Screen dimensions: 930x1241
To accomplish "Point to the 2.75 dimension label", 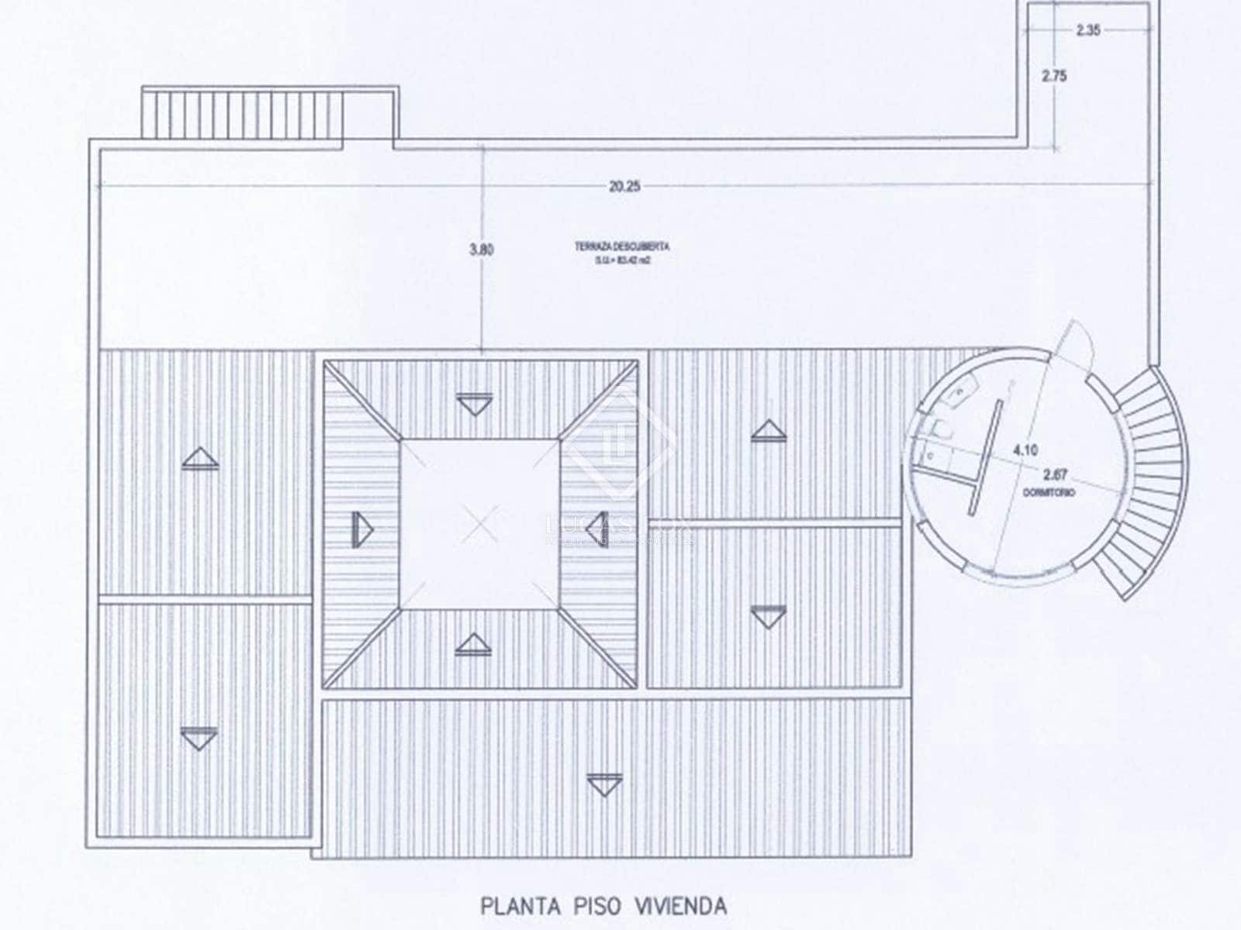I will tap(1054, 75).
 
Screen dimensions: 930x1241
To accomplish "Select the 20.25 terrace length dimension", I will tap(624, 186).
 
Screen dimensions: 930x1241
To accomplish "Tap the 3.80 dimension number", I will tap(481, 250).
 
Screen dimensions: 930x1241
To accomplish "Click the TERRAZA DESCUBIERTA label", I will tap(622, 246).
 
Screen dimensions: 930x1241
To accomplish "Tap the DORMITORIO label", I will tap(1049, 492).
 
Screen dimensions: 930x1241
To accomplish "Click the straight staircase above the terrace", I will tap(242, 115).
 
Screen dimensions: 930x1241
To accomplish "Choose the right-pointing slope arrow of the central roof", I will tap(362, 529).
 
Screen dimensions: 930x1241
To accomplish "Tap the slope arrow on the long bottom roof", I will tap(604, 784).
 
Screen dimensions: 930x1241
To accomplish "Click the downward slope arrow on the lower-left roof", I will tap(199, 738).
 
